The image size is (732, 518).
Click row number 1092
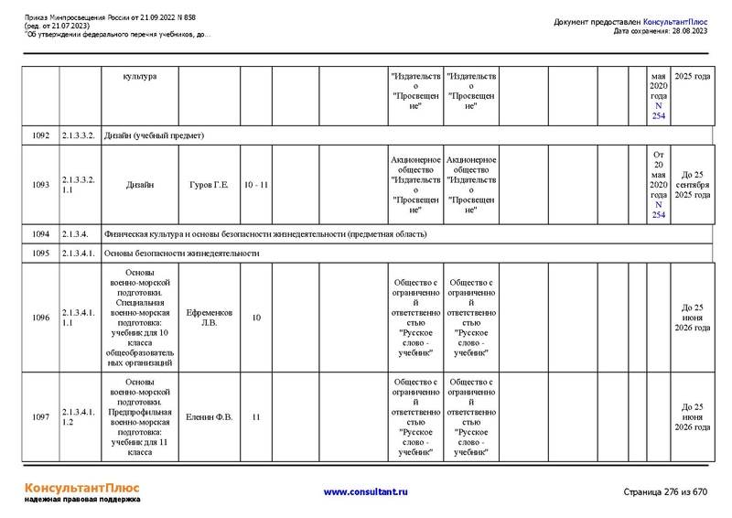tap(40, 135)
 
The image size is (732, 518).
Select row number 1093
tap(40, 185)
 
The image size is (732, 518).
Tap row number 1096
tap(40, 318)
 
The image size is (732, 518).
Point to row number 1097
tap(40, 416)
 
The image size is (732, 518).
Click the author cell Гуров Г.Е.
tap(209, 185)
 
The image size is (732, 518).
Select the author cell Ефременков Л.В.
tap(209, 318)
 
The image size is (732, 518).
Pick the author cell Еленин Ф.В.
tap(209, 416)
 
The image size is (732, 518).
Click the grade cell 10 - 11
tap(256, 185)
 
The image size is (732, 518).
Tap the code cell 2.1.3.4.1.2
tap(79, 416)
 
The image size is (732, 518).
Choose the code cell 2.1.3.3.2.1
tap(79, 185)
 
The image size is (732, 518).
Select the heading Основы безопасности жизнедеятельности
tap(182, 253)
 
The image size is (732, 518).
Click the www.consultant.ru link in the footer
tap(365, 491)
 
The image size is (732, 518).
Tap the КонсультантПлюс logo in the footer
tap(82, 488)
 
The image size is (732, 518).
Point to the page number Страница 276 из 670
tap(665, 491)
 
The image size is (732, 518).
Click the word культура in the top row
tap(139, 76)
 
